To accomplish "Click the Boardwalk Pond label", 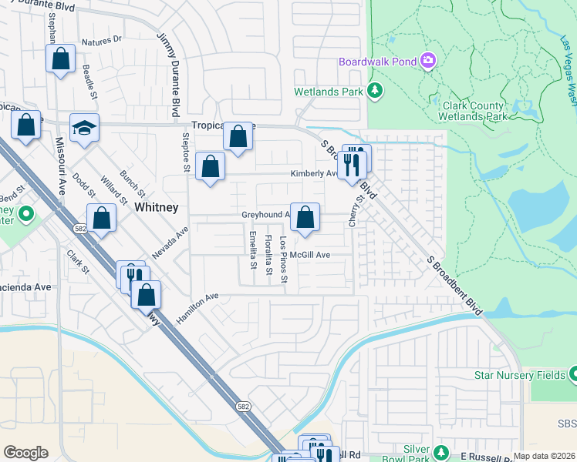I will [x=377, y=62].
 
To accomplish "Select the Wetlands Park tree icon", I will [x=375, y=91].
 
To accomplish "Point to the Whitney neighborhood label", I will [x=157, y=207].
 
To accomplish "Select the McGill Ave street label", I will [x=311, y=255].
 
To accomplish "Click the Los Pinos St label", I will [x=284, y=259].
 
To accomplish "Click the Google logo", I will [x=25, y=452].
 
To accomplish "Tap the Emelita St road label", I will [x=252, y=250].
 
